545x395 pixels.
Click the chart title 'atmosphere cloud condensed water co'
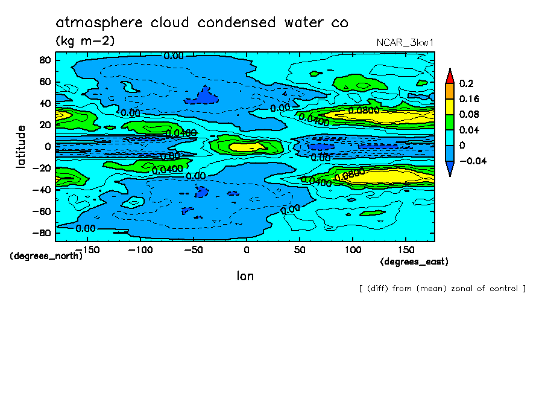[x=202, y=23]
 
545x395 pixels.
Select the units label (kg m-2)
[x=85, y=41]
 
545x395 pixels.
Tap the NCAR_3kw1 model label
[x=405, y=43]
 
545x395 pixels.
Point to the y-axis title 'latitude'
[x=21, y=146]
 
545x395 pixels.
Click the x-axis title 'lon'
[x=245, y=276]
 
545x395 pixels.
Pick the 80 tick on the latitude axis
[x=45, y=60]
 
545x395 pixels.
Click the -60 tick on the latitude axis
[x=42, y=211]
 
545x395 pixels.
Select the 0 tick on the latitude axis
[x=48, y=146]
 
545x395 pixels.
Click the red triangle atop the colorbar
[x=449, y=75]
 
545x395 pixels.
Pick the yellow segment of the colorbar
[x=449, y=107]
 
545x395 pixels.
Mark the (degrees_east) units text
[x=414, y=262]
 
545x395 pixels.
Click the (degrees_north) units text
[x=46, y=255]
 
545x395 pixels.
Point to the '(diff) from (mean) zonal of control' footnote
[x=442, y=289]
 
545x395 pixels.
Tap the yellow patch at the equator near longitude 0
[x=244, y=146]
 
